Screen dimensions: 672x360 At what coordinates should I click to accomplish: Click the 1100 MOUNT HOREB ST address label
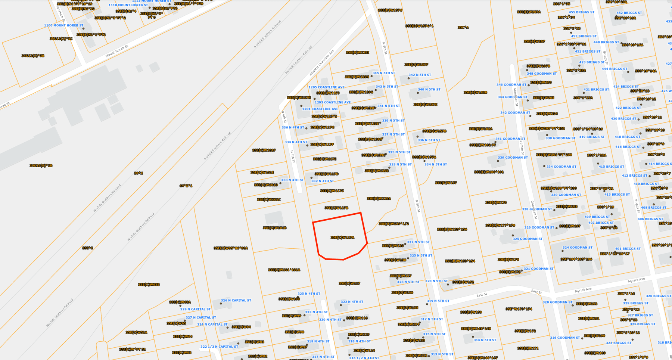[63, 25]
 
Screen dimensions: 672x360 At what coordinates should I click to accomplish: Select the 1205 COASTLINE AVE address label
[326, 87]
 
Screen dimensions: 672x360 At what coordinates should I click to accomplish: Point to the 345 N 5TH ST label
[383, 73]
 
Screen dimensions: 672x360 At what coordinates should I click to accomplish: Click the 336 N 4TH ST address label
[293, 128]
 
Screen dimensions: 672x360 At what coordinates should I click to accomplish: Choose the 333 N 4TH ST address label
[292, 180]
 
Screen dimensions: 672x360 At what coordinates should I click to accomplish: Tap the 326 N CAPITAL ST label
[236, 300]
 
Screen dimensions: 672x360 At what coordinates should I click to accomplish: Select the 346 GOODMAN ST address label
[511, 85]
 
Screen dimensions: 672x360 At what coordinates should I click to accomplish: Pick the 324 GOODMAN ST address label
[578, 248]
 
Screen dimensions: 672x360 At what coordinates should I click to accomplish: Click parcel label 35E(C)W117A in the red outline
[342, 238]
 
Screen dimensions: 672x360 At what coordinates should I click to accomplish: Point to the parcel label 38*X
[138, 173]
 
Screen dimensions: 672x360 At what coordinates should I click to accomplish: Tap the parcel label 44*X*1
[186, 186]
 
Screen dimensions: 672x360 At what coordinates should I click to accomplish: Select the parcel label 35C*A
[463, 28]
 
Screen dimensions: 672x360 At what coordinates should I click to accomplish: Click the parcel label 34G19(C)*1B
[41, 165]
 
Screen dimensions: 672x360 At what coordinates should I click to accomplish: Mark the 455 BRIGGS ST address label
[581, 12]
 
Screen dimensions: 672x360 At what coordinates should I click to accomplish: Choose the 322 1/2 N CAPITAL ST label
[219, 347]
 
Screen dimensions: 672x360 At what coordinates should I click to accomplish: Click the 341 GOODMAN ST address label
[510, 139]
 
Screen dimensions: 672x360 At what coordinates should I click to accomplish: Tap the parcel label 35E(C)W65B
[149, 285]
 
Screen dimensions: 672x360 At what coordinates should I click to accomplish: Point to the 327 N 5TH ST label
[418, 242]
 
